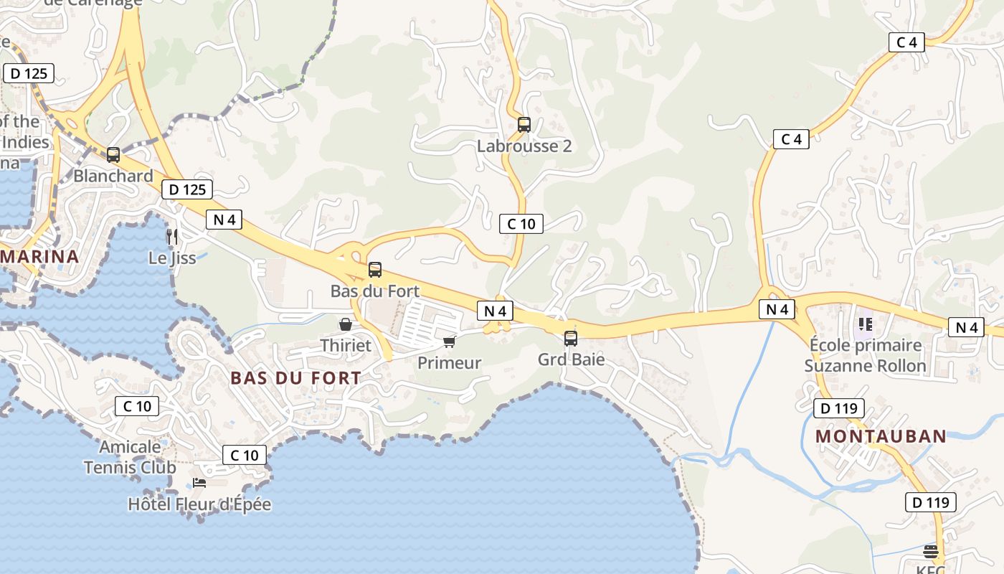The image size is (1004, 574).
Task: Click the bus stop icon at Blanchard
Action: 113,154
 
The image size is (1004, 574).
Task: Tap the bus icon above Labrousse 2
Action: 524,125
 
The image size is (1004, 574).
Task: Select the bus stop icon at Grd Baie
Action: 571,339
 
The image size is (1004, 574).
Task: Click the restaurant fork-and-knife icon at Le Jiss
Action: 171,236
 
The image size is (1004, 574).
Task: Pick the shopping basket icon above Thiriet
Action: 346,324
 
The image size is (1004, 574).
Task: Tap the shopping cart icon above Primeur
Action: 450,342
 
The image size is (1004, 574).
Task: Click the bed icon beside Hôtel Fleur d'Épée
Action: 199,483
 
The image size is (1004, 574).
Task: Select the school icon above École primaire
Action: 865,324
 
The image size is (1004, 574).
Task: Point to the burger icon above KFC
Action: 931,552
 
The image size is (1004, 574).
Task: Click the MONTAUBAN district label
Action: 881,436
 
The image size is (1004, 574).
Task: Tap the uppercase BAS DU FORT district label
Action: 296,378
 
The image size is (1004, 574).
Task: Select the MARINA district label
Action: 39,256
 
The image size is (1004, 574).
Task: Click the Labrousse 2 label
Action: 524,146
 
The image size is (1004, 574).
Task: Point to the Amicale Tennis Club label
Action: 130,457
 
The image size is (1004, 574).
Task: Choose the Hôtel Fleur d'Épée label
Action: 199,504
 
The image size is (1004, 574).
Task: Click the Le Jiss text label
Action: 172,258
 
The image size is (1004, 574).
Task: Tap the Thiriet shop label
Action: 346,345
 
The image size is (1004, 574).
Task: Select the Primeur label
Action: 450,362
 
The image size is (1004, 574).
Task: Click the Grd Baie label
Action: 572,359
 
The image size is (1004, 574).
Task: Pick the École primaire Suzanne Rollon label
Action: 865,355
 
